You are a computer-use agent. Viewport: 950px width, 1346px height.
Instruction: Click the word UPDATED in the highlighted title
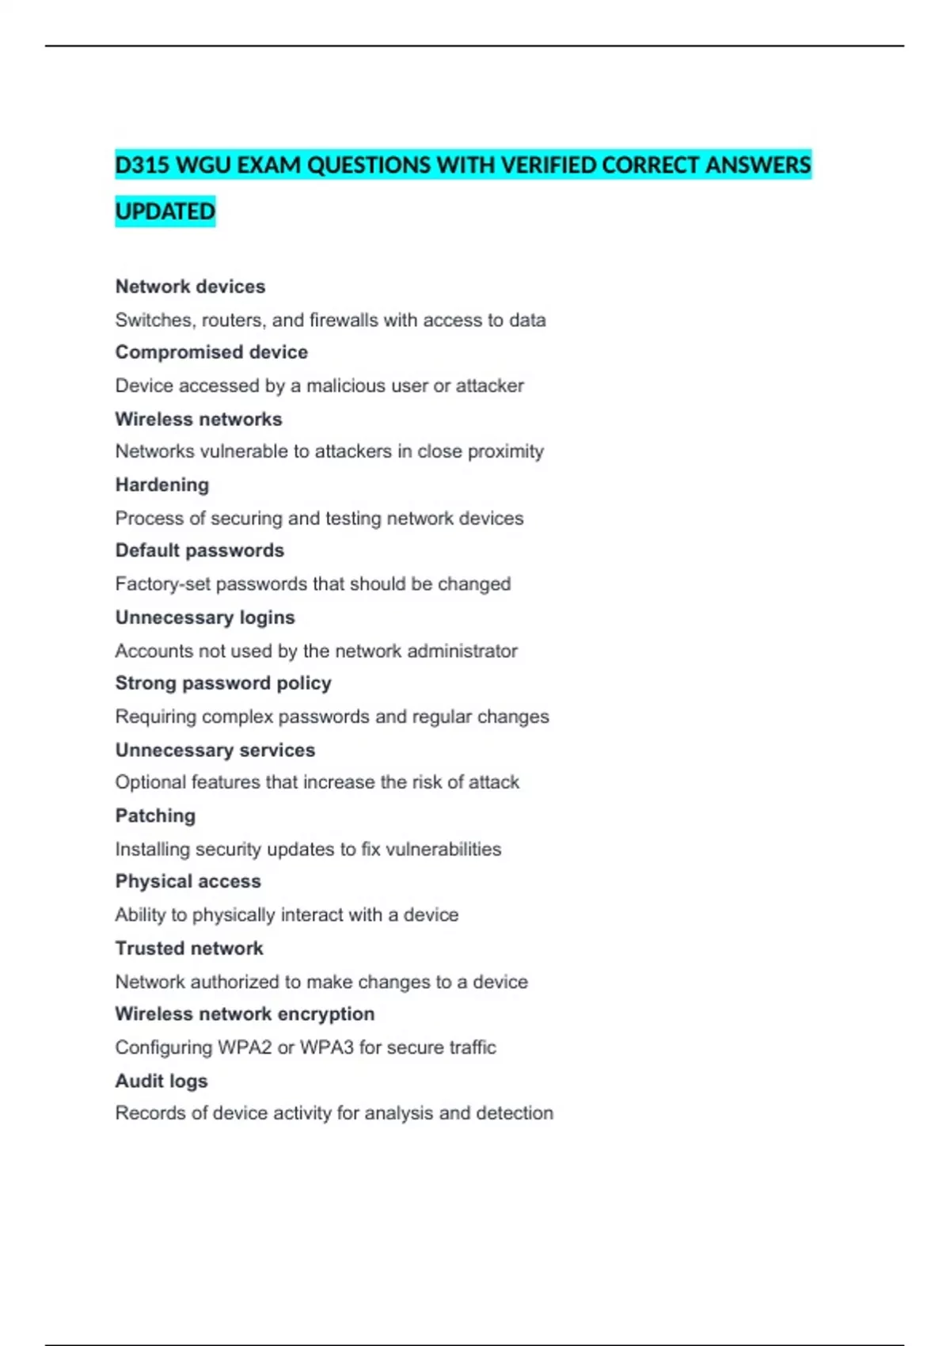click(165, 211)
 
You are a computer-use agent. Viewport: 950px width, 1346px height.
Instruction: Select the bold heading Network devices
click(190, 287)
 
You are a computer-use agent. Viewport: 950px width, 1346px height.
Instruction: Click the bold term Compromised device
click(211, 352)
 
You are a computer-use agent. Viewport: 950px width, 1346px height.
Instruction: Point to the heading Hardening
click(162, 485)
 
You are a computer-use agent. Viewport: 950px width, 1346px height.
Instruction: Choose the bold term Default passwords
click(199, 550)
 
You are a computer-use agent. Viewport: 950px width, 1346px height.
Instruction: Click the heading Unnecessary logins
click(205, 618)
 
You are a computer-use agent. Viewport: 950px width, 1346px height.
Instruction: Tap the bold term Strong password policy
click(223, 683)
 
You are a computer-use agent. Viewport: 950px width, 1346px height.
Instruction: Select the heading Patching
click(155, 816)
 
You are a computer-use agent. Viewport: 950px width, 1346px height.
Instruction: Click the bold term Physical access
click(188, 881)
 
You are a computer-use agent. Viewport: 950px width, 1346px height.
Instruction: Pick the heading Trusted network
click(189, 949)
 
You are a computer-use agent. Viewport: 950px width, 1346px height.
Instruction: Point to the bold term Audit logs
click(161, 1081)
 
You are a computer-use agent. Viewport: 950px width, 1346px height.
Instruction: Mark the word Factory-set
click(162, 584)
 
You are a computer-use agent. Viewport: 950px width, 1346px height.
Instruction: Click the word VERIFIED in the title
click(549, 165)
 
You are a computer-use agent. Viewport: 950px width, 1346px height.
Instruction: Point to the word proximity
click(506, 451)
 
